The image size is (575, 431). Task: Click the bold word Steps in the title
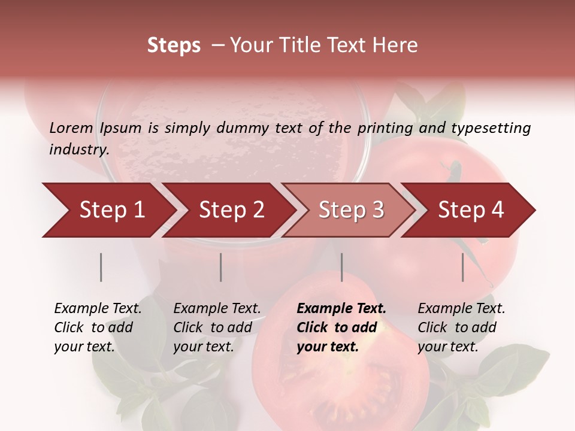174,45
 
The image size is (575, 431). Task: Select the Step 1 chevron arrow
108,210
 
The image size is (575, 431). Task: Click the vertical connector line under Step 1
101,267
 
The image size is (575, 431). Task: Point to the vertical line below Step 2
221,267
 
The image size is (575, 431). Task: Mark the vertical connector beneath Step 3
341,267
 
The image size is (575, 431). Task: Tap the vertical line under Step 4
462,267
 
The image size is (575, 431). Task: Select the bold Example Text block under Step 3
341,327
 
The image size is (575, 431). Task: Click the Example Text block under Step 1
98,327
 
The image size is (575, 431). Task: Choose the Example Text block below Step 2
217,327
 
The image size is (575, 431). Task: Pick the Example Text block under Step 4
461,327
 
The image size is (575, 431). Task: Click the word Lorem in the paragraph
71,128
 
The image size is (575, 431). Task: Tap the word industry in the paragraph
79,150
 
